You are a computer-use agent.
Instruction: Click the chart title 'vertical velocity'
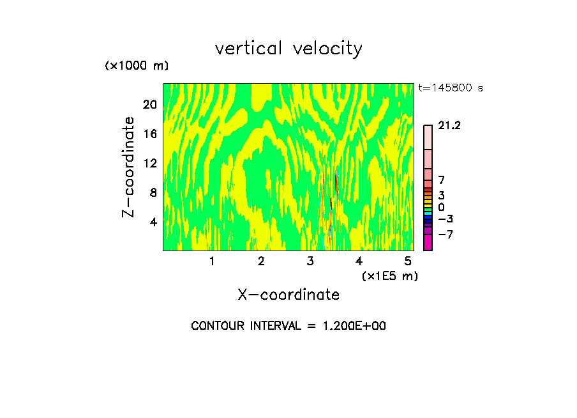coord(288,49)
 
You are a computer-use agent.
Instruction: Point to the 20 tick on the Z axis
coord(149,105)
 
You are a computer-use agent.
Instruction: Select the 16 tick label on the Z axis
coord(149,134)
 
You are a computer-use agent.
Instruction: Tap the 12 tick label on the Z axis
coord(149,164)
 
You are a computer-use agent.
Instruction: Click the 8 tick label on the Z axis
coord(153,193)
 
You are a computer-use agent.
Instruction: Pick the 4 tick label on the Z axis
coord(153,222)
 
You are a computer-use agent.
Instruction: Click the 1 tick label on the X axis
coord(212,261)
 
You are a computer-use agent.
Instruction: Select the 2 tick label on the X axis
coord(261,261)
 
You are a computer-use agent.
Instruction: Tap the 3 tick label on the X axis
coord(310,261)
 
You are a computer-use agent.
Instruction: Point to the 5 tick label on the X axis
coord(408,261)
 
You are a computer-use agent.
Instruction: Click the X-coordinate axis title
coord(288,295)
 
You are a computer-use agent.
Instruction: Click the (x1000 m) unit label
coord(137,66)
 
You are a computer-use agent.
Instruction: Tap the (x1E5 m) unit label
coord(389,276)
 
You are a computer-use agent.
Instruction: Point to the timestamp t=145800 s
coord(451,88)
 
